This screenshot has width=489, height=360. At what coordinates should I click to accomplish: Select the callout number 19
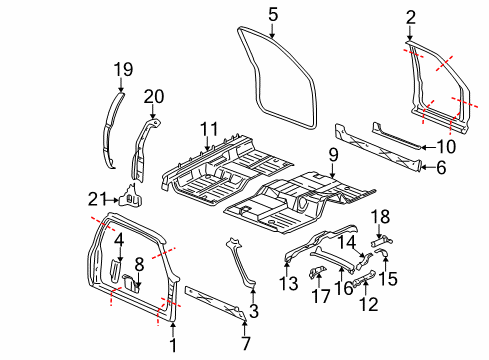(x=122, y=68)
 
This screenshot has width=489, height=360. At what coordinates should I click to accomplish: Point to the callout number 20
(x=154, y=96)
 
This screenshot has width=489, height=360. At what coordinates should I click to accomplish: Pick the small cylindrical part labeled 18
(x=382, y=240)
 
